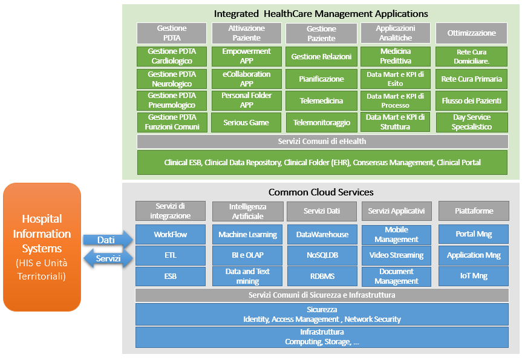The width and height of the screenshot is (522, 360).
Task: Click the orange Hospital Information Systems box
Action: click(x=42, y=246)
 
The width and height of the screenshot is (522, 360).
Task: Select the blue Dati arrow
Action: click(x=106, y=240)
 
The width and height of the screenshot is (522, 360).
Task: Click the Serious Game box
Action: click(x=246, y=122)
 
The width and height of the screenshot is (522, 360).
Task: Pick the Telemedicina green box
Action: click(x=321, y=101)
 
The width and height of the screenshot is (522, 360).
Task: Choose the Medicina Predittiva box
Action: click(x=396, y=56)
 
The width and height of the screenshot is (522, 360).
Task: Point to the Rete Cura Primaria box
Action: click(x=471, y=79)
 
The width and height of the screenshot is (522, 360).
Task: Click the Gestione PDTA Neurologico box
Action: click(x=172, y=79)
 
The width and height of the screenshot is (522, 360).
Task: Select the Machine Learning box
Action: click(x=247, y=234)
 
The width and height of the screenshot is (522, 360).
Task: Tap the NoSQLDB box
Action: click(x=322, y=255)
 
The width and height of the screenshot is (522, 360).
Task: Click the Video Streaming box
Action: click(x=396, y=255)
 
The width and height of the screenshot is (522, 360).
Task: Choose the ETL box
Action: click(x=171, y=255)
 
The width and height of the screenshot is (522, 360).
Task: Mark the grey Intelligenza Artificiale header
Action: click(x=247, y=211)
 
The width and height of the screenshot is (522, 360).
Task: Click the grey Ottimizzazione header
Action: click(x=471, y=33)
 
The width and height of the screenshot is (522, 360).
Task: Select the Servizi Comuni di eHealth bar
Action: click(x=322, y=142)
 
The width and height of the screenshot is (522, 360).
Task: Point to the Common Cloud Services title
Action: click(x=321, y=192)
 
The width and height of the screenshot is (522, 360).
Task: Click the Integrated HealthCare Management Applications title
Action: click(x=321, y=13)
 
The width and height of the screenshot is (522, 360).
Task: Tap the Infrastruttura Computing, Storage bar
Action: click(x=322, y=337)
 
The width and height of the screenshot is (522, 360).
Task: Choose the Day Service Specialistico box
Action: click(x=471, y=122)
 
